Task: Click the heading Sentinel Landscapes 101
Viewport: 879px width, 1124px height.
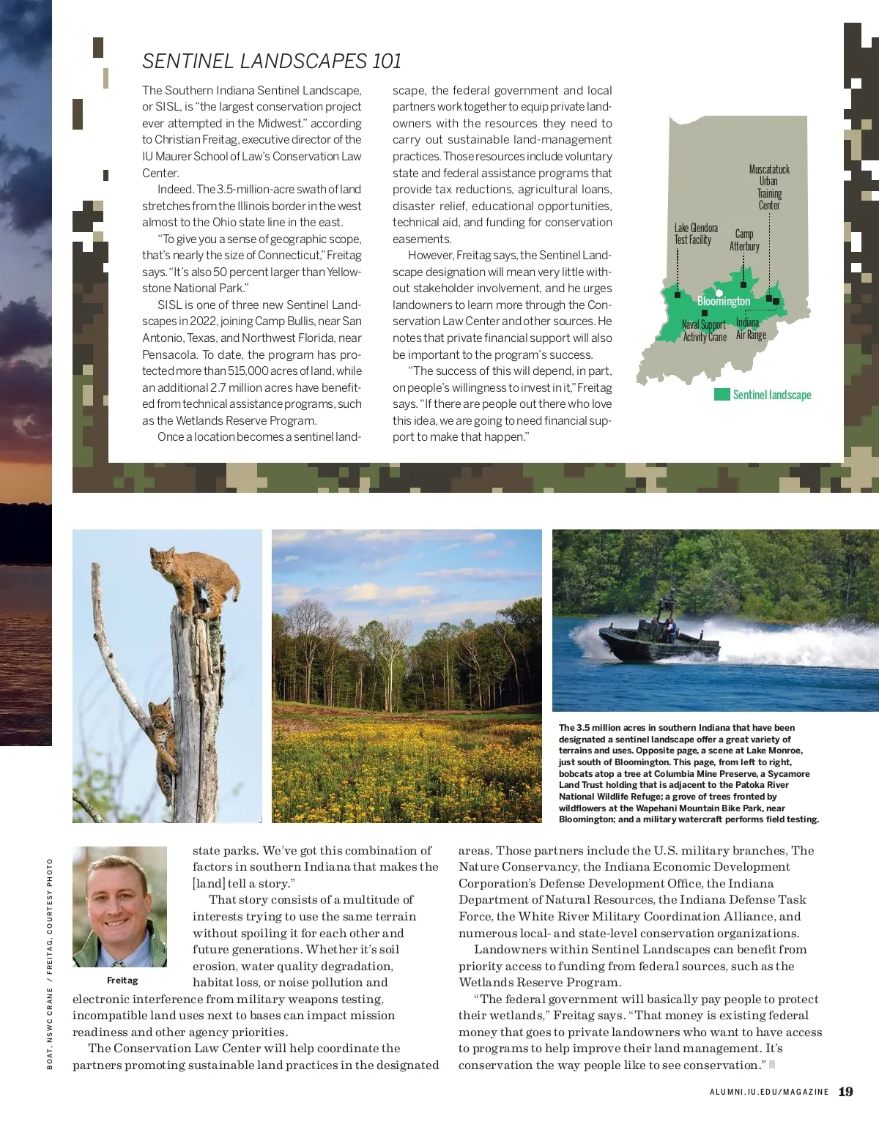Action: [272, 62]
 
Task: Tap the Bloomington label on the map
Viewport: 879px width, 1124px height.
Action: [724, 302]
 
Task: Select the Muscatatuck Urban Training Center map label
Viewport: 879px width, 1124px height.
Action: [769, 187]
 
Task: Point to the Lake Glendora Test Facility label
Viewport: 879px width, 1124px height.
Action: [696, 234]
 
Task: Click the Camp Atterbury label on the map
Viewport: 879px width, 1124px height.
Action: [744, 240]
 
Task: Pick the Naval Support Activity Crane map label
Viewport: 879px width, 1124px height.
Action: [704, 331]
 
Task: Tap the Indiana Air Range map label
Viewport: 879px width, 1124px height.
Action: [751, 329]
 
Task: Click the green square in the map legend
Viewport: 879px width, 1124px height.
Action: [722, 395]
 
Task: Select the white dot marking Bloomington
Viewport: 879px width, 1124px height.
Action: [719, 293]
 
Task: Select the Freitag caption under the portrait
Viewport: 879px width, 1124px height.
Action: [122, 980]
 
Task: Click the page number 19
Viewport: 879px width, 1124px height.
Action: [845, 1092]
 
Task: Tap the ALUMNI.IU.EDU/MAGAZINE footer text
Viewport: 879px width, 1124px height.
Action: [769, 1092]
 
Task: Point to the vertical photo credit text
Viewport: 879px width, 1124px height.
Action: [50, 963]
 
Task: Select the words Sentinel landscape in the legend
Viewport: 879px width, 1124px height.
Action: [772, 395]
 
